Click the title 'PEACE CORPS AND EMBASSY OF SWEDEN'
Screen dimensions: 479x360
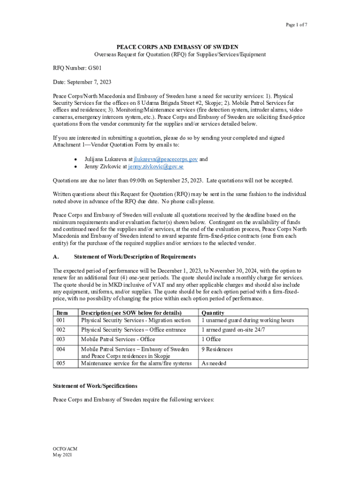[178, 47]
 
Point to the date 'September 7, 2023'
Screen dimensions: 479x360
[90, 82]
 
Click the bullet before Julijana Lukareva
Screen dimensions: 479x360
[76, 160]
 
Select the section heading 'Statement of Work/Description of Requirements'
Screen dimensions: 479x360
[135, 257]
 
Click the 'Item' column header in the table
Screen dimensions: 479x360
[62, 313]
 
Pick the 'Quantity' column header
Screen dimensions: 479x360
[213, 313]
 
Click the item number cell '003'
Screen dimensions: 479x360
[61, 339]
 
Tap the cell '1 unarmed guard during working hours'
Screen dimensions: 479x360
[247, 320]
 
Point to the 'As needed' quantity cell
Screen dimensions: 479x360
[214, 363]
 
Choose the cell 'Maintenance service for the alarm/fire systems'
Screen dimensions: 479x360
[137, 363]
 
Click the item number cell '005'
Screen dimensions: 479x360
[61, 363]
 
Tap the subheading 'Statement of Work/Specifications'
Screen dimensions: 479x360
[95, 386]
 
